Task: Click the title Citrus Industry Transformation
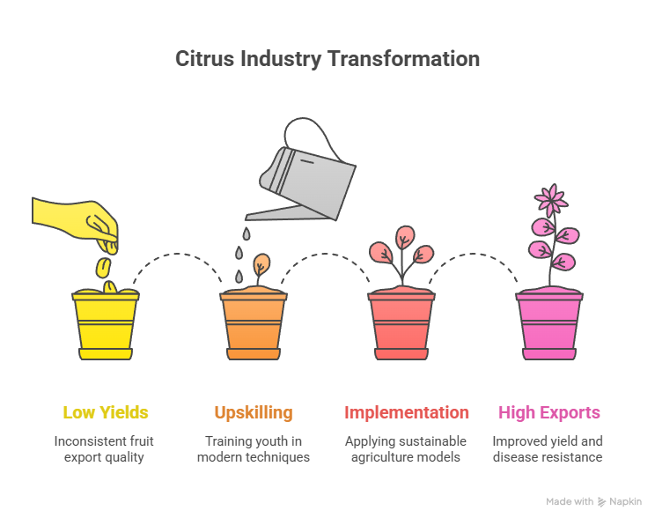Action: pyautogui.click(x=327, y=58)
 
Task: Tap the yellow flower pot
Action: pyautogui.click(x=106, y=325)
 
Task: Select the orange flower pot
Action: pyautogui.click(x=254, y=325)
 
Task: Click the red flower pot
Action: pyautogui.click(x=401, y=325)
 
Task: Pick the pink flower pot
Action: pyautogui.click(x=549, y=325)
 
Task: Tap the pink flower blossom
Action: pyautogui.click(x=551, y=200)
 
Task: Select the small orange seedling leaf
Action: pyautogui.click(x=261, y=264)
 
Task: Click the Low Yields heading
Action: pyautogui.click(x=106, y=412)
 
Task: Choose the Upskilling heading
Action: pyautogui.click(x=254, y=412)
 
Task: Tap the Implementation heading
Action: pyautogui.click(x=407, y=412)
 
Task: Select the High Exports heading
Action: pyautogui.click(x=549, y=412)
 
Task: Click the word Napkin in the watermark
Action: pyautogui.click(x=625, y=501)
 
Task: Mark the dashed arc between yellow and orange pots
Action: pyautogui.click(x=178, y=254)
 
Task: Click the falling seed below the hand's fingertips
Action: pyautogui.click(x=103, y=268)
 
